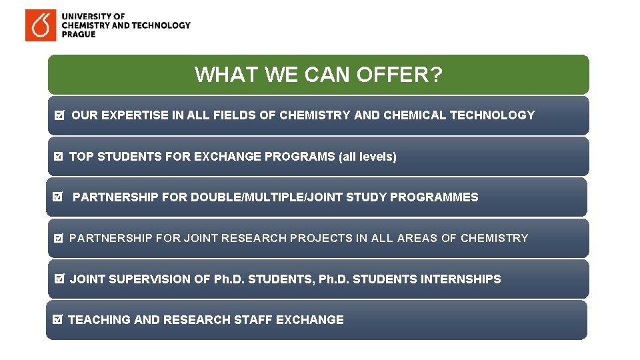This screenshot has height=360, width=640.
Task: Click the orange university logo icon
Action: click(x=41, y=25)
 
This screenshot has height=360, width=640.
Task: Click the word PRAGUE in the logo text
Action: click(x=79, y=35)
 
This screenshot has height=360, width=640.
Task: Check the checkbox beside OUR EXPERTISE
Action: click(x=59, y=116)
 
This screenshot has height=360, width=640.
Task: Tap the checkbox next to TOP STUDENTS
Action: click(x=57, y=157)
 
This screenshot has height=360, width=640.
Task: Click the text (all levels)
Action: click(x=367, y=157)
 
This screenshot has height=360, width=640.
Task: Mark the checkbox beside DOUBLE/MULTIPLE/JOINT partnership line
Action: click(x=57, y=197)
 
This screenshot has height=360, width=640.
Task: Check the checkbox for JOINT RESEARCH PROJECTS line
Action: click(x=58, y=238)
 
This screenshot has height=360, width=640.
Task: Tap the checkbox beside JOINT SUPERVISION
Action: click(x=59, y=279)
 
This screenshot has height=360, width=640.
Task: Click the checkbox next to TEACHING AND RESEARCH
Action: click(x=57, y=320)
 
